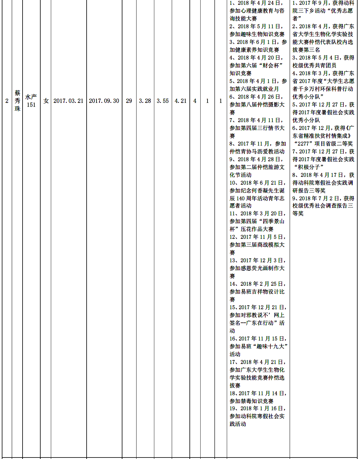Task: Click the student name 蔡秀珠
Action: coord(17,101)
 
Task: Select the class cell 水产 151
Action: coord(31,101)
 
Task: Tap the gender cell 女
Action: coord(46,101)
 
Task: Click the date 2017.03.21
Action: coord(68,101)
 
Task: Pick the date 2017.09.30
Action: coord(104,101)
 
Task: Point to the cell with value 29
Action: coord(129,101)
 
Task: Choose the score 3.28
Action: coord(145,101)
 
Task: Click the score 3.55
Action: coord(163,101)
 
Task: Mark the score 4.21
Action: coord(181,101)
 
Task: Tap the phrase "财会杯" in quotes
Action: coord(271,66)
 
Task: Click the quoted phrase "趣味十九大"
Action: coord(271,347)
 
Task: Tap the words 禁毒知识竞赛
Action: coord(257,401)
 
